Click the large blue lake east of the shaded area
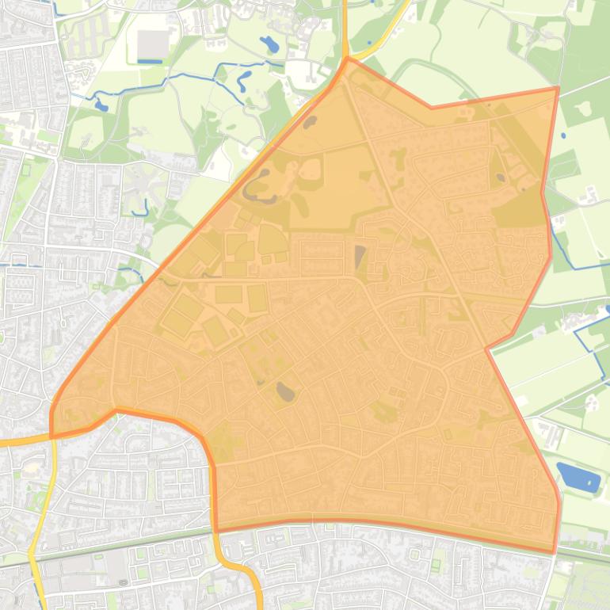point(578,478)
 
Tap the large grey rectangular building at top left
point(154,45)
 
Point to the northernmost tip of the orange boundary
point(347,58)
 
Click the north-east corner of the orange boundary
point(559,88)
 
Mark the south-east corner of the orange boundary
point(554,551)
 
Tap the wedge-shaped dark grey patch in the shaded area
point(360,257)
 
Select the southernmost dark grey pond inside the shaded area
point(284,390)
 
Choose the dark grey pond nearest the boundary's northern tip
point(310,122)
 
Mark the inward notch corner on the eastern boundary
point(487,347)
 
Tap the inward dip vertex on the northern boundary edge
point(431,108)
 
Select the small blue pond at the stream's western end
point(101,105)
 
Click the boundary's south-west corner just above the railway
point(215,529)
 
